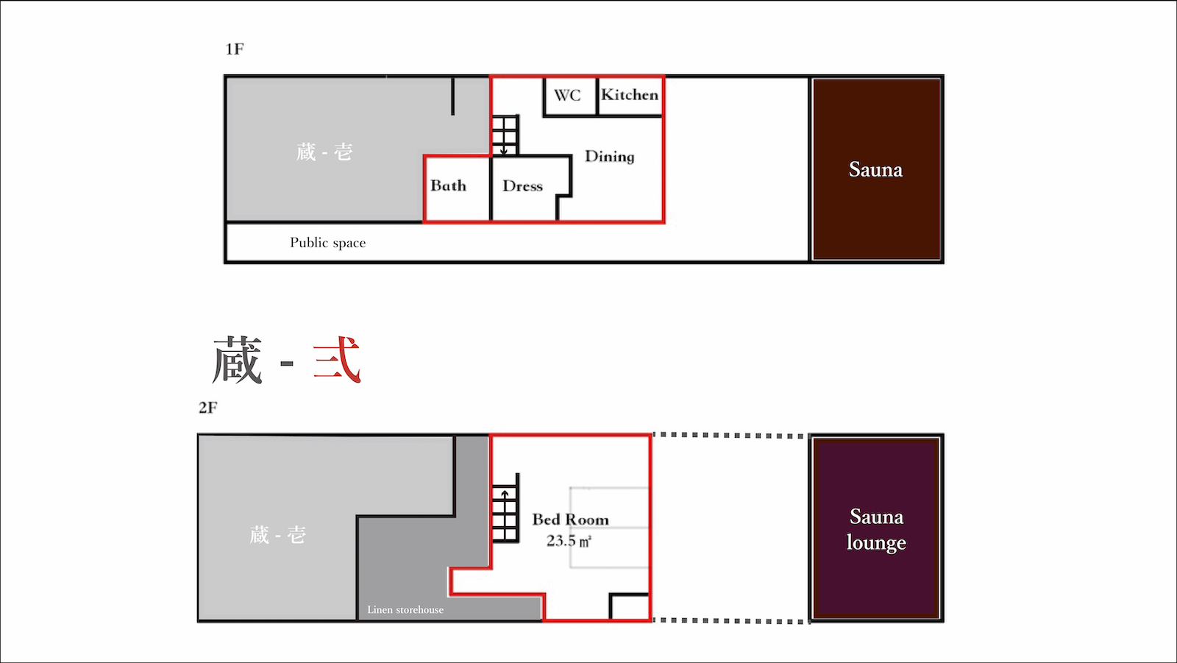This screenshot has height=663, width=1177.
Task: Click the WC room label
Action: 567,95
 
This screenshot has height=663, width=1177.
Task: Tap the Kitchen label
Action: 630,95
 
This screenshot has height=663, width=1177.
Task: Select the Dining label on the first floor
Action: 610,156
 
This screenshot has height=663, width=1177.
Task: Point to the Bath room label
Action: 448,185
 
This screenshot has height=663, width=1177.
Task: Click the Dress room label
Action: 522,185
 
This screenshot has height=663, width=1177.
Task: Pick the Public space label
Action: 328,242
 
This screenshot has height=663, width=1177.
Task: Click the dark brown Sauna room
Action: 876,169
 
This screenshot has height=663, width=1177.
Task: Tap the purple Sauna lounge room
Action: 876,528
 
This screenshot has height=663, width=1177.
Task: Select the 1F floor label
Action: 235,49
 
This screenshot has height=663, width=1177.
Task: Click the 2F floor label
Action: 207,408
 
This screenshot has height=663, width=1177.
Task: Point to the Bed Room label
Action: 571,520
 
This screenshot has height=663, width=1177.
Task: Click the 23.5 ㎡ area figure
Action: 569,541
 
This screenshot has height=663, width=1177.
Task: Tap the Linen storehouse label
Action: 405,609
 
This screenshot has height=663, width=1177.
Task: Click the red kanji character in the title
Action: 337,360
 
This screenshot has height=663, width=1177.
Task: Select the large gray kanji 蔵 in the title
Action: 237,361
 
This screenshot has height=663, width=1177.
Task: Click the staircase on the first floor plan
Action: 505,135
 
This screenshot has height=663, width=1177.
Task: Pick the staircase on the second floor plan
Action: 505,508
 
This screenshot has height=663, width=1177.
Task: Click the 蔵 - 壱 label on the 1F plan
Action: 324,152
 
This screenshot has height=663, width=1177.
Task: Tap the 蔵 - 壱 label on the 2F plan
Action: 277,535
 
